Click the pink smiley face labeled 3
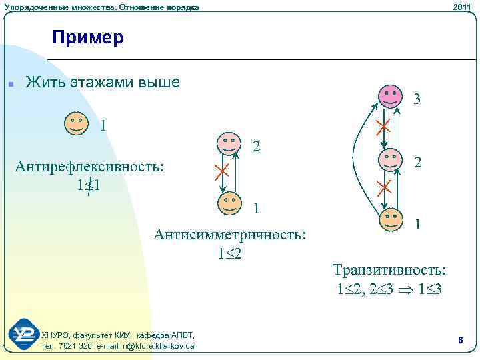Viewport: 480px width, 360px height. pos(391,96)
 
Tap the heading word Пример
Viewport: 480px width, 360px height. pos(88,37)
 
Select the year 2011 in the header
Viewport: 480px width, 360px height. pos(461,7)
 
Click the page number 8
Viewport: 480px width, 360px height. pos(460,340)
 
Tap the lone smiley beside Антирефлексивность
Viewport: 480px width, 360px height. pos(76,123)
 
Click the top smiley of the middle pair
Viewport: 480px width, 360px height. pos(229,143)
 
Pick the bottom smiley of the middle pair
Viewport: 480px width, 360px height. pos(229,203)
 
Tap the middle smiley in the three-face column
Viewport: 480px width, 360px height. pos(391,159)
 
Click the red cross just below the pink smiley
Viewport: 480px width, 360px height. pos(383,127)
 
